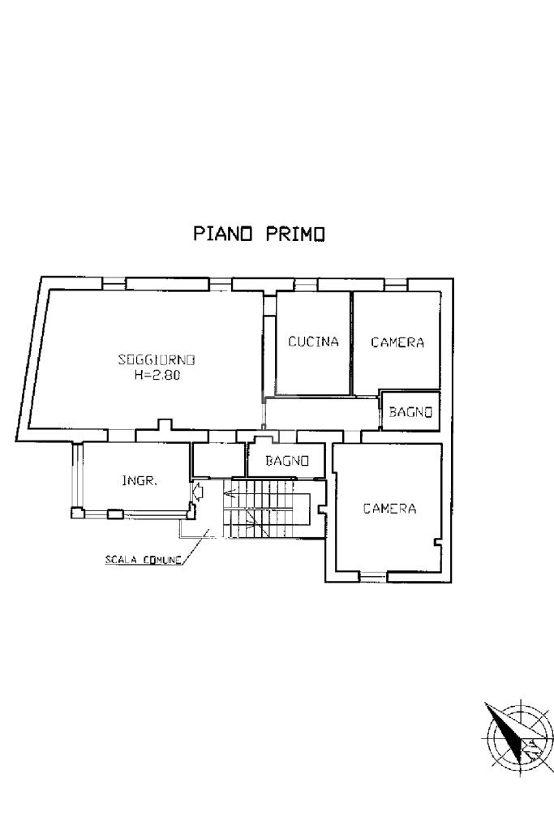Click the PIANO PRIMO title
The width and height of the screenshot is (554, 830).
pyautogui.click(x=259, y=234)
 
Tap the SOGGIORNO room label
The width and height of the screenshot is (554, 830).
pyautogui.click(x=157, y=359)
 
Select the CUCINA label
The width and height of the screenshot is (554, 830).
pyautogui.click(x=313, y=342)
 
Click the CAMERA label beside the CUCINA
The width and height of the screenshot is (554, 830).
pyautogui.click(x=397, y=342)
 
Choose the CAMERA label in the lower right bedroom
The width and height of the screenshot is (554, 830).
pyautogui.click(x=389, y=509)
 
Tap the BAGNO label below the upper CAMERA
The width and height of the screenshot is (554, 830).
pyautogui.click(x=410, y=412)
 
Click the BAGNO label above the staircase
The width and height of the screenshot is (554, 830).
pyautogui.click(x=288, y=462)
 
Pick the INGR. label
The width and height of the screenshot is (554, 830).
pyautogui.click(x=139, y=480)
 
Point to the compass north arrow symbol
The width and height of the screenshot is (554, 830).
pyautogui.click(x=509, y=735)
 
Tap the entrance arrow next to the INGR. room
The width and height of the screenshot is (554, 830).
pyautogui.click(x=197, y=491)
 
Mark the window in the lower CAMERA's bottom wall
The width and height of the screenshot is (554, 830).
pyautogui.click(x=372, y=577)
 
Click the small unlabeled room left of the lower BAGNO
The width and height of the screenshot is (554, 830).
pyautogui.click(x=219, y=460)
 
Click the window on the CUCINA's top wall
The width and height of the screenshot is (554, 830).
pyautogui.click(x=306, y=284)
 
